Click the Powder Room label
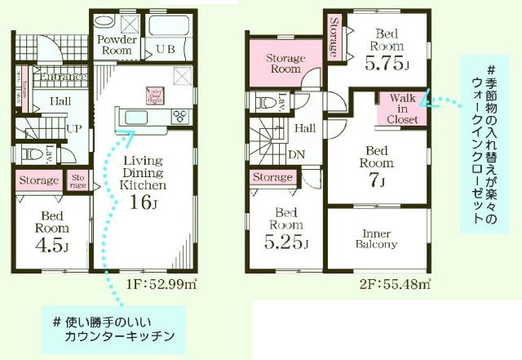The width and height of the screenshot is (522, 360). click(114, 44)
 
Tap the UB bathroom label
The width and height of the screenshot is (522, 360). click(166, 50)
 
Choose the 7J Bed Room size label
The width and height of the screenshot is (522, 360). click(377, 178)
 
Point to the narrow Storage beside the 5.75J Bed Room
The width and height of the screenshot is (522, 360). click(334, 38)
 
